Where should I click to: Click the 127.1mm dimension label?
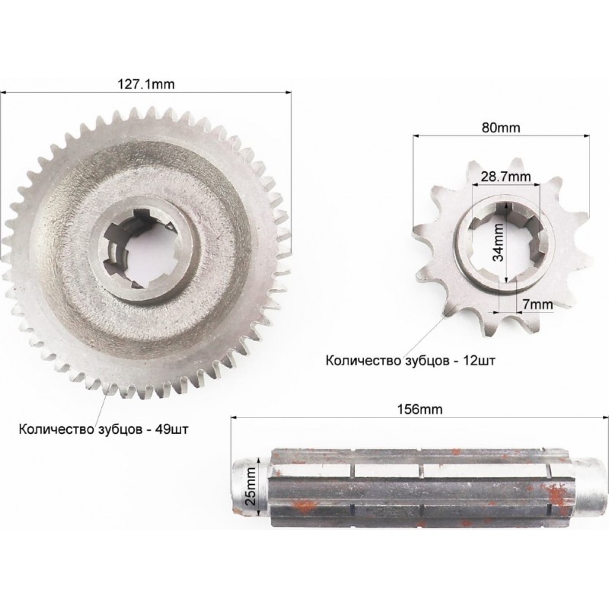coord(146,84)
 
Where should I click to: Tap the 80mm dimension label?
coord(501,127)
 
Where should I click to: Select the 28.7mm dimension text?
coord(505,177)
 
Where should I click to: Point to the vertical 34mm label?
coord(499,242)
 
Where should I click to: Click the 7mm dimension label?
coord(537,304)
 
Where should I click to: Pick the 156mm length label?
coord(419,410)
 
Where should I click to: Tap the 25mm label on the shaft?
coord(251,486)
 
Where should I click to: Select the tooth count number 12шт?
coord(479,360)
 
